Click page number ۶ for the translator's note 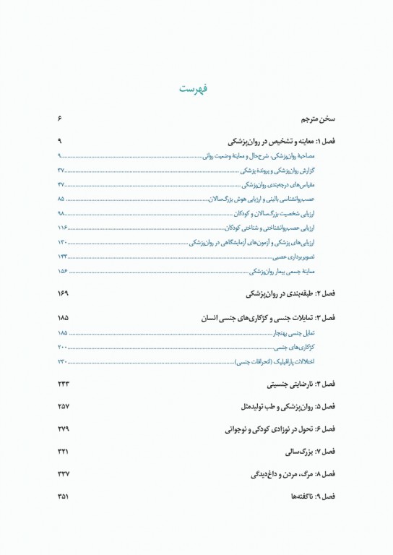coord(61,118)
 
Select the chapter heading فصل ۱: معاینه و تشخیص coord(285,142)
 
